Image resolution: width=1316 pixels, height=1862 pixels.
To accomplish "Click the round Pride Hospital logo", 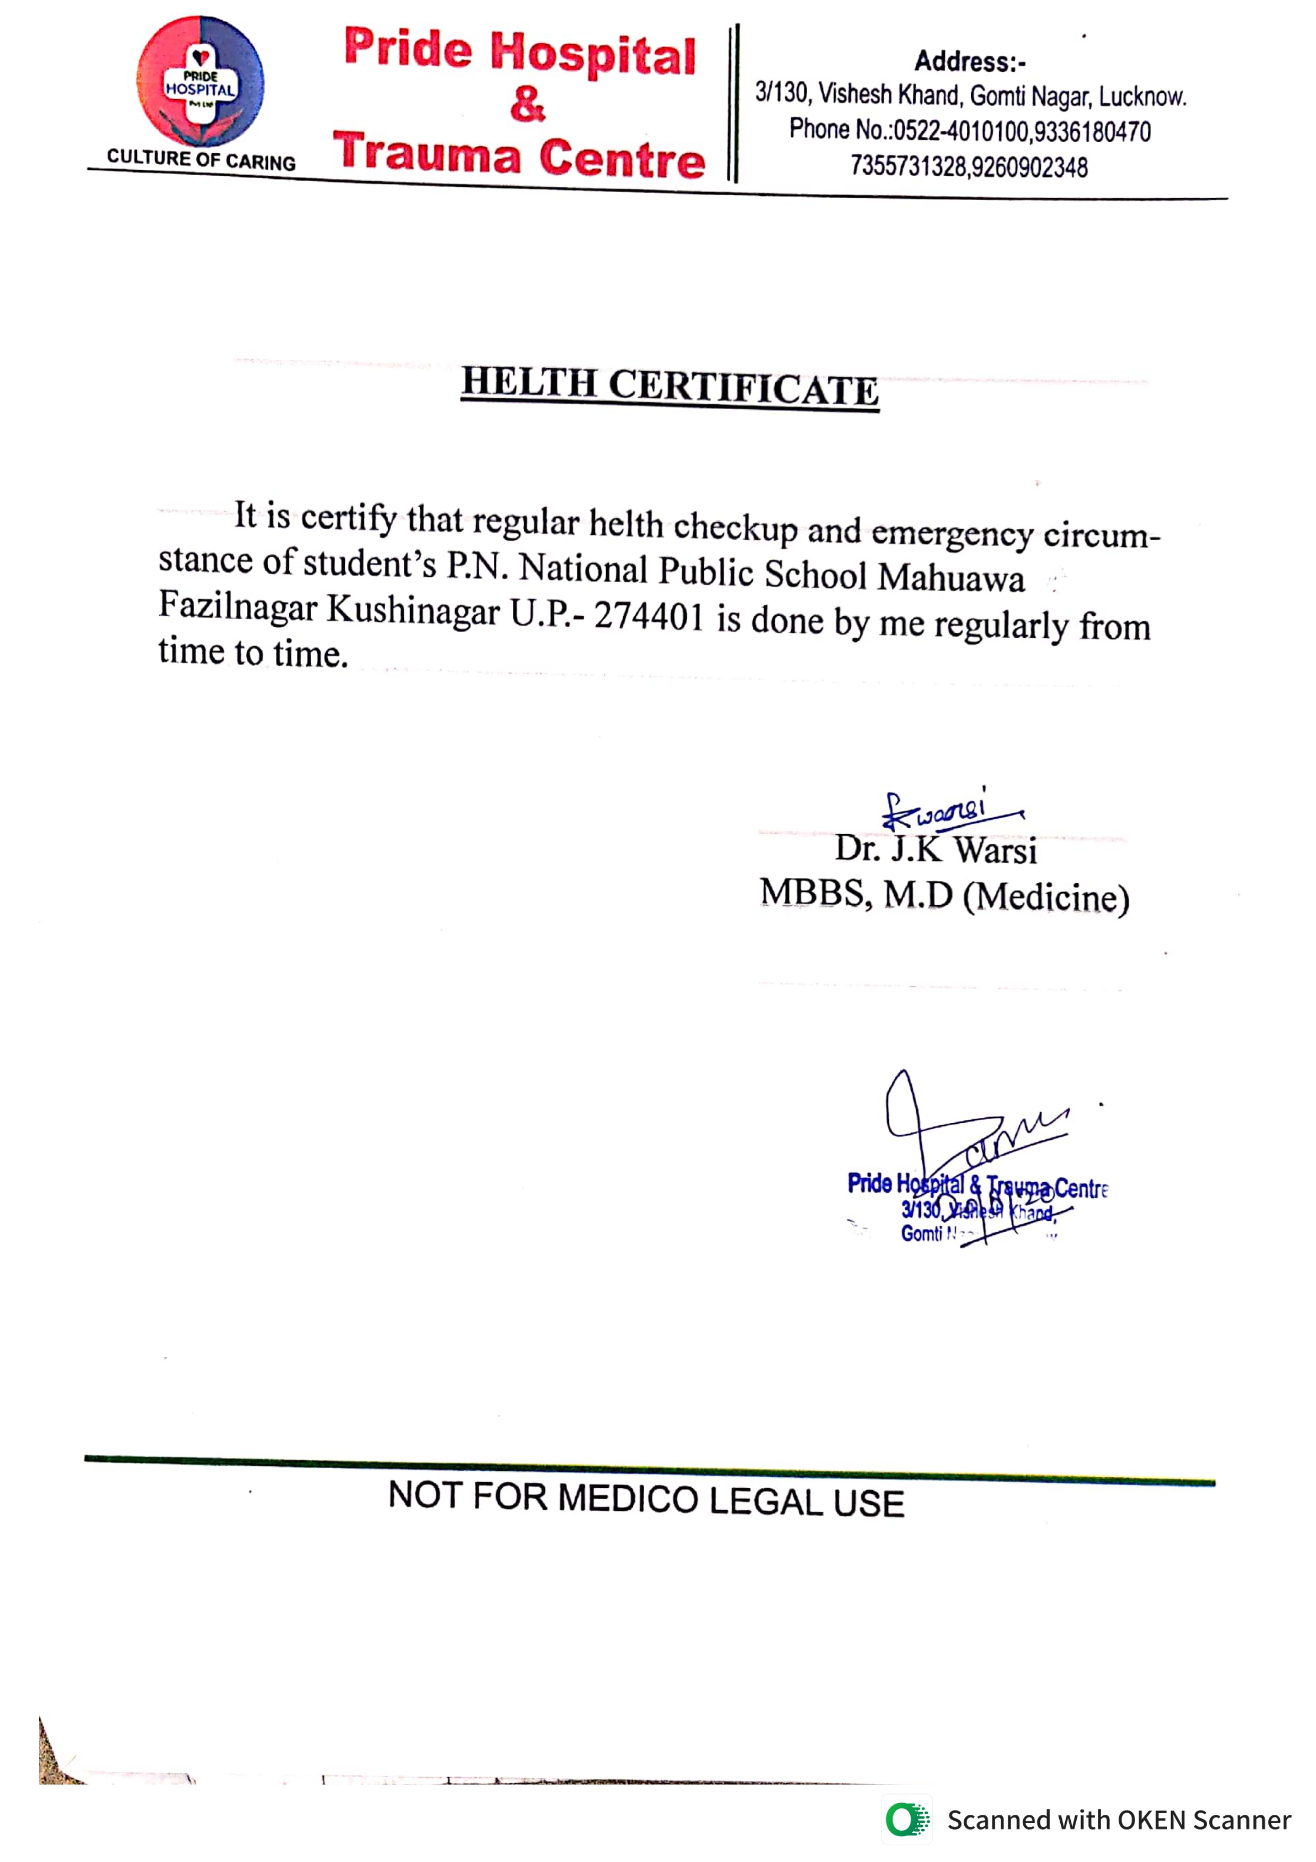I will [x=200, y=81].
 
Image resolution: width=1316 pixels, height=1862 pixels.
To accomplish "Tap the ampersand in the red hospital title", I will [x=527, y=105].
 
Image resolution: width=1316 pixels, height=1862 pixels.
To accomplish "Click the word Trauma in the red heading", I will [x=427, y=153].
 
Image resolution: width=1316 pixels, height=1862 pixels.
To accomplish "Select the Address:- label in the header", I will [x=970, y=62].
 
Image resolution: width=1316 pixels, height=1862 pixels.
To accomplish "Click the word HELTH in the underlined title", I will [x=529, y=382].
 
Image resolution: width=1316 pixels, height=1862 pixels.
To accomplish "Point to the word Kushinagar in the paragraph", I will [x=413, y=610].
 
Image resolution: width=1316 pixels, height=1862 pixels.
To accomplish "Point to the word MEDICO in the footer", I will [x=628, y=1499].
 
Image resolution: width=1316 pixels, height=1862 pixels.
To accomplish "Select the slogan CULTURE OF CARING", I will [x=201, y=159].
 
